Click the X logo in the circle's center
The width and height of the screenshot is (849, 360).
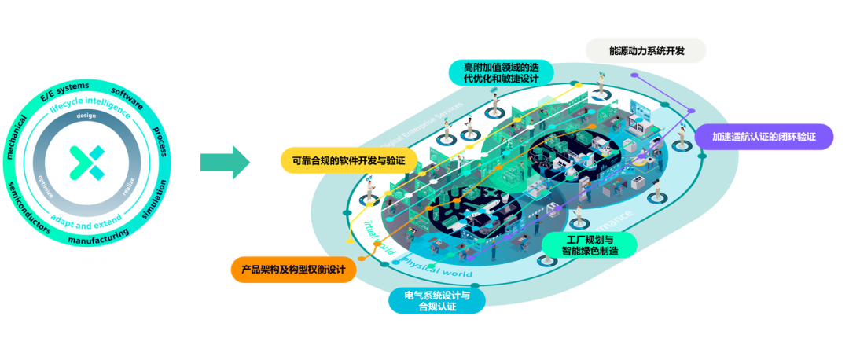pyautogui.click(x=87, y=162)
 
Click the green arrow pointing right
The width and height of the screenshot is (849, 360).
pyautogui.click(x=225, y=163)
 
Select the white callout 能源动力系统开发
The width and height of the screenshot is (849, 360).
pyautogui.click(x=646, y=51)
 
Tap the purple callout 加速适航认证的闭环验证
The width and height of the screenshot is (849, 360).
pyautogui.click(x=763, y=136)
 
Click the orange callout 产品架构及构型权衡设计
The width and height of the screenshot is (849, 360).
pyautogui.click(x=293, y=270)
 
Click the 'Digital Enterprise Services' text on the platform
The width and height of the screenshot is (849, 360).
pyautogui.click(x=421, y=127)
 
